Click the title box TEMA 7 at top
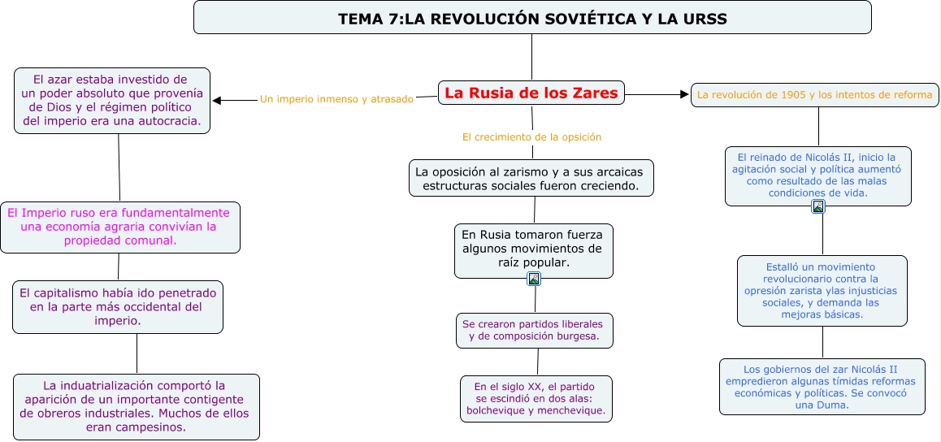[x=532, y=18]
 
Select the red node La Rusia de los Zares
[x=531, y=93]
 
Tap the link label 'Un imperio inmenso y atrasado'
[x=336, y=99]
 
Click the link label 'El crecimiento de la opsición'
[x=531, y=137]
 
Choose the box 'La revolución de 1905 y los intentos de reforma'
[x=814, y=95]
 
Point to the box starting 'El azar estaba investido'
[x=112, y=101]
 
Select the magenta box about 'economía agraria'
[x=119, y=227]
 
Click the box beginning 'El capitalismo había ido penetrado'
[x=118, y=307]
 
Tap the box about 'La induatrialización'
[x=137, y=406]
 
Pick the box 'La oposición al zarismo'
[x=531, y=178]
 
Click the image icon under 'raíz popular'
[x=534, y=279]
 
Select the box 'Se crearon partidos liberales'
[x=534, y=330]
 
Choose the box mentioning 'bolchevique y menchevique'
[x=536, y=398]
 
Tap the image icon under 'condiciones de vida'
[x=818, y=206]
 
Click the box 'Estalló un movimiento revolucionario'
[x=822, y=290]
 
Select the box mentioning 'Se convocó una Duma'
[x=822, y=387]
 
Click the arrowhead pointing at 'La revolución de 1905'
[x=684, y=95]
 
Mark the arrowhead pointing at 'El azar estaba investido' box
[x=217, y=101]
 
